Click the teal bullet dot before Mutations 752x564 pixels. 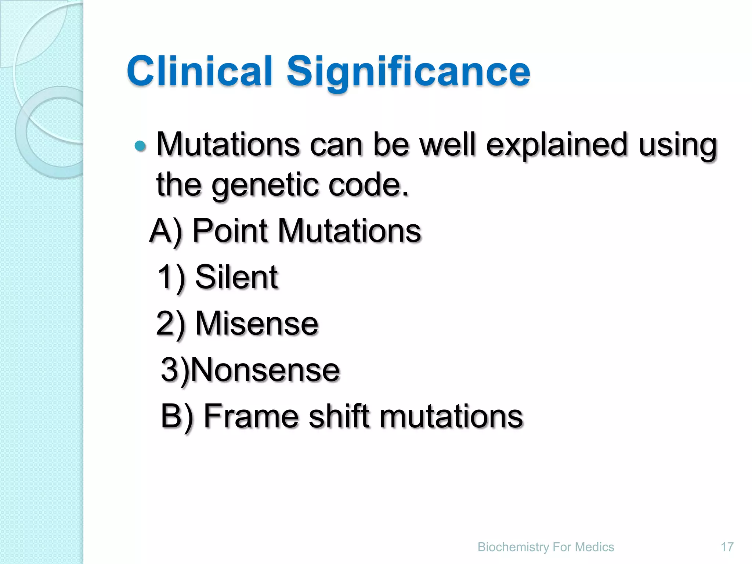[140, 146]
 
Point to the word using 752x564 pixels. [677, 145]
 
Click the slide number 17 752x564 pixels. [727, 547]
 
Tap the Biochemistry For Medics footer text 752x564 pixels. [546, 547]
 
